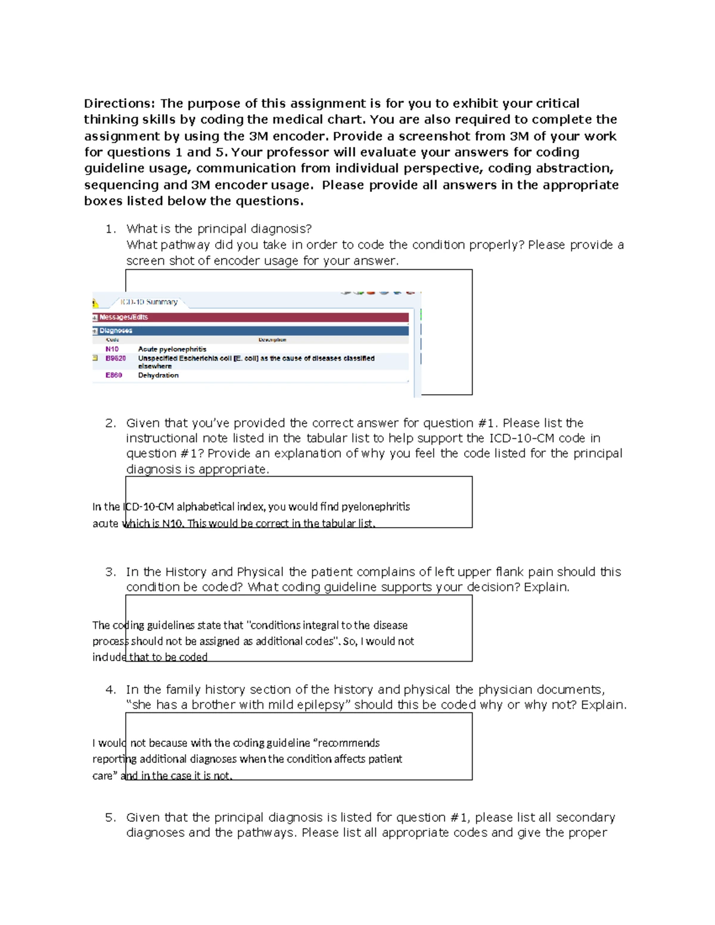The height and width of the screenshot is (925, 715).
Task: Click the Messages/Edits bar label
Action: tap(123, 317)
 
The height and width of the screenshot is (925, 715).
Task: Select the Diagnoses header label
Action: tap(116, 331)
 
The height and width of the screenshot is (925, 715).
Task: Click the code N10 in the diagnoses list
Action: tap(112, 349)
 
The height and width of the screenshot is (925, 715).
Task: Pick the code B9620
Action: tap(116, 359)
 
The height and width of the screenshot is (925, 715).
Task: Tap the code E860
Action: tap(114, 375)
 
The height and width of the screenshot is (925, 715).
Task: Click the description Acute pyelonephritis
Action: tap(172, 349)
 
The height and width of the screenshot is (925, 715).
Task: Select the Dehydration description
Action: tap(158, 375)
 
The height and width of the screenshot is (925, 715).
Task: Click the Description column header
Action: tap(272, 340)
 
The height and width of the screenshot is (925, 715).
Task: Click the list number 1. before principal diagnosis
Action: tap(110, 229)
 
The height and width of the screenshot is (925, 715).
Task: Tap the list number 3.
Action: tap(110, 572)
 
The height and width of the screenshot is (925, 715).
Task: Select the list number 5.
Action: tap(110, 817)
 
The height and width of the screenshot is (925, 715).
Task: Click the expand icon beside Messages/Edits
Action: tap(95, 317)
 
